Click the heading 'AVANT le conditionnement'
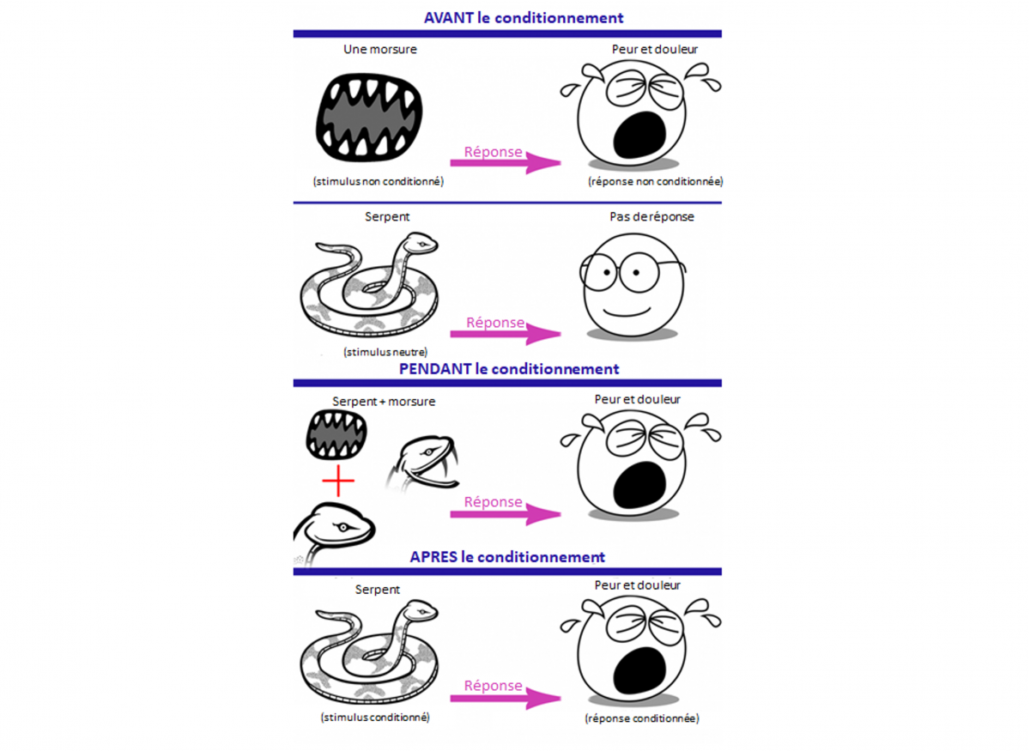(524, 17)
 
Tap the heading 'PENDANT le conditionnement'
(509, 369)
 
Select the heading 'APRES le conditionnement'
(507, 557)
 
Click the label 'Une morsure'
(380, 50)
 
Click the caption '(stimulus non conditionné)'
(379, 181)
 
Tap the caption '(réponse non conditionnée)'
(655, 181)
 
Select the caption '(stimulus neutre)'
(385, 352)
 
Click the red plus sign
(338, 483)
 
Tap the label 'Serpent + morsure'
(384, 402)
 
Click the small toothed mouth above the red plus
(337, 433)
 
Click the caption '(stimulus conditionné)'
(375, 717)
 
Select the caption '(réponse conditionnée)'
(642, 718)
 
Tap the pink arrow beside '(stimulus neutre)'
(505, 333)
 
